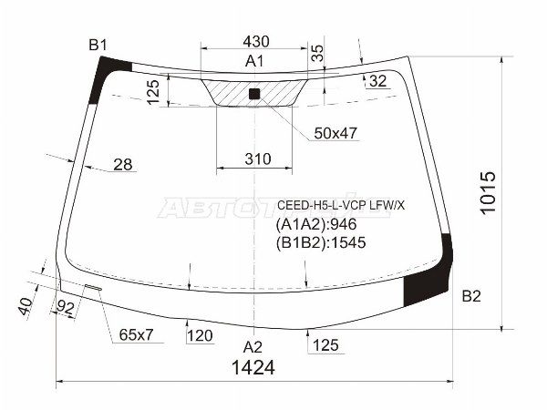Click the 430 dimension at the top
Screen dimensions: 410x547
(x=255, y=41)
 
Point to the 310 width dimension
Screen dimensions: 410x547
(x=258, y=159)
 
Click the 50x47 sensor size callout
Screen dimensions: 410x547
(x=335, y=133)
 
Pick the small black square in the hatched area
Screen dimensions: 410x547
(x=254, y=93)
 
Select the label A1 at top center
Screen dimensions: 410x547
(x=254, y=62)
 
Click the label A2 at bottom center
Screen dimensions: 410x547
(x=253, y=346)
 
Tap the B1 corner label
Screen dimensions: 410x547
(x=98, y=46)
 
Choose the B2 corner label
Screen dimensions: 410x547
(x=471, y=295)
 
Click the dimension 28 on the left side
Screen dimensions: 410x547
(x=123, y=165)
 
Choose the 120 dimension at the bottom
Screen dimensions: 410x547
(x=199, y=335)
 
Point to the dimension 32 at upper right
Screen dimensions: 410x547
(x=378, y=81)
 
